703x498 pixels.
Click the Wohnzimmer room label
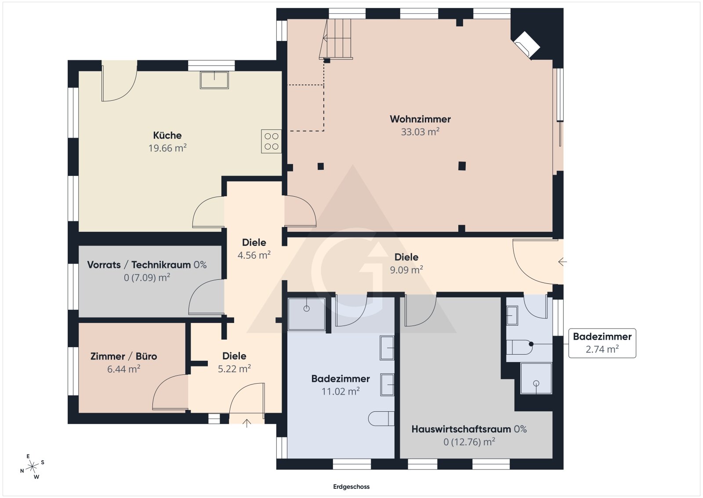420,119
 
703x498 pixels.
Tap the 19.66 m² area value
167,148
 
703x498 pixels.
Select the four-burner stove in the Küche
271,141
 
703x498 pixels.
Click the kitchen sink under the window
214,80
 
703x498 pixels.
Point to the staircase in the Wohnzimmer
337,38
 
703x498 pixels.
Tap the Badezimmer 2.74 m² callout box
602,343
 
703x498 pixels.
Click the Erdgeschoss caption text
351,487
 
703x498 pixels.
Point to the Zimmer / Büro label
123,356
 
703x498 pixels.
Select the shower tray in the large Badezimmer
306,314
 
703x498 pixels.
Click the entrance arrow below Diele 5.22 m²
247,423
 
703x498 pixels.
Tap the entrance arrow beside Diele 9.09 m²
562,262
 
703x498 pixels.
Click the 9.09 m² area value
406,270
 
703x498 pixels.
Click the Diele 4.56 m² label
254,242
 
